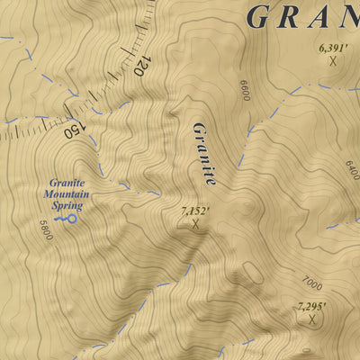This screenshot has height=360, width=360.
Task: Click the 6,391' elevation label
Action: coord(333,47)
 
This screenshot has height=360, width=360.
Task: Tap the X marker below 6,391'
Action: coord(333,61)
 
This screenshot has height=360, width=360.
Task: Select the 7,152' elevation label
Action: coord(195,211)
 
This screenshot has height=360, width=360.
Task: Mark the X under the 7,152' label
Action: coord(194,224)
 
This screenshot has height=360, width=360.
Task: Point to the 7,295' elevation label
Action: coord(311,306)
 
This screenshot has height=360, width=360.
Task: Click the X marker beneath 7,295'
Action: coord(312,319)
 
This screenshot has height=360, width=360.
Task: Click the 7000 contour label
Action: coord(312,281)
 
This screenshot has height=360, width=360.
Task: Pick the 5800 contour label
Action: coord(46,230)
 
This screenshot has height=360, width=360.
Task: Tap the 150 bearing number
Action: coord(74,128)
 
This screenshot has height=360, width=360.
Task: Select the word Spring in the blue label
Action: coord(67,205)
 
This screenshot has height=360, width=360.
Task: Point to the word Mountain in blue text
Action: coord(67,193)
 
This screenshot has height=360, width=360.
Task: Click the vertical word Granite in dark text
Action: coord(204,153)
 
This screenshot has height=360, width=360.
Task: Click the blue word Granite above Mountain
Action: coord(67,182)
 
